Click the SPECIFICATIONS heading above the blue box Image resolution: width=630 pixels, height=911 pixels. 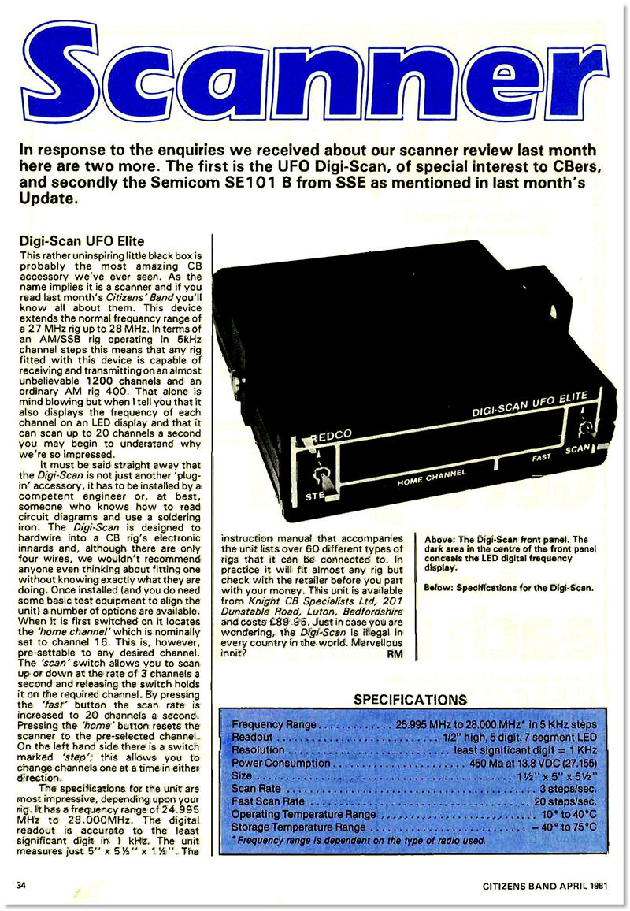(410, 699)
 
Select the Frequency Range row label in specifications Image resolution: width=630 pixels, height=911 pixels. (274, 724)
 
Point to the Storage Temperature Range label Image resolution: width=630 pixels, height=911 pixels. (299, 828)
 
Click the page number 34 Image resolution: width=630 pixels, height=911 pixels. (21, 885)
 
